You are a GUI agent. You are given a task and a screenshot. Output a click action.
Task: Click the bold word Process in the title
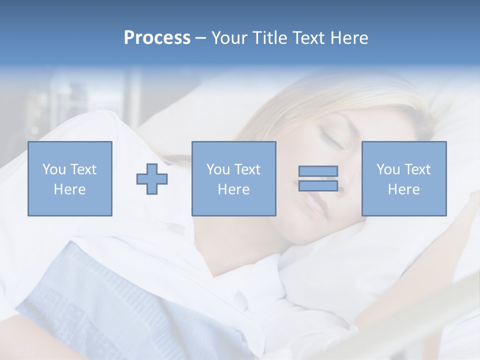point(157,38)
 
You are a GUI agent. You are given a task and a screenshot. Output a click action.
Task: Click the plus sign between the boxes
point(152,178)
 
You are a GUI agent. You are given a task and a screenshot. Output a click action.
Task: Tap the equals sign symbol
point(318,178)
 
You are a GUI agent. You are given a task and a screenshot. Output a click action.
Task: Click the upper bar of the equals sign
point(318,171)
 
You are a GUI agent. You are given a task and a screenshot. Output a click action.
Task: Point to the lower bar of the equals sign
point(318,186)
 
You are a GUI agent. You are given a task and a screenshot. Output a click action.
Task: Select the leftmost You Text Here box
point(69,178)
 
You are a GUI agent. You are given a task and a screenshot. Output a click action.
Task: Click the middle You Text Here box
point(233,178)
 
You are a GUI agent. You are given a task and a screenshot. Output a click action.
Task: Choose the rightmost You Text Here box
point(403,178)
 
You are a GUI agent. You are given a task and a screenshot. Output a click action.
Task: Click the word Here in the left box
point(69,189)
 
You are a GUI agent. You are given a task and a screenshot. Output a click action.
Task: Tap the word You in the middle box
point(218,169)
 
